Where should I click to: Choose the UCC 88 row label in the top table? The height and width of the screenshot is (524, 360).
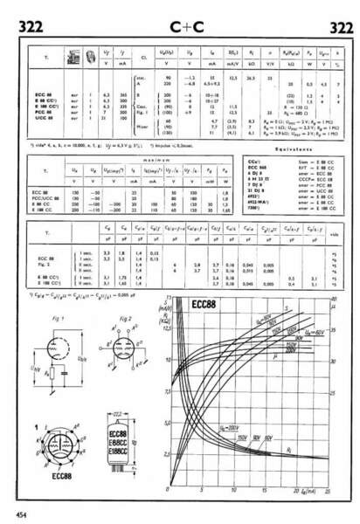(x=42, y=118)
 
